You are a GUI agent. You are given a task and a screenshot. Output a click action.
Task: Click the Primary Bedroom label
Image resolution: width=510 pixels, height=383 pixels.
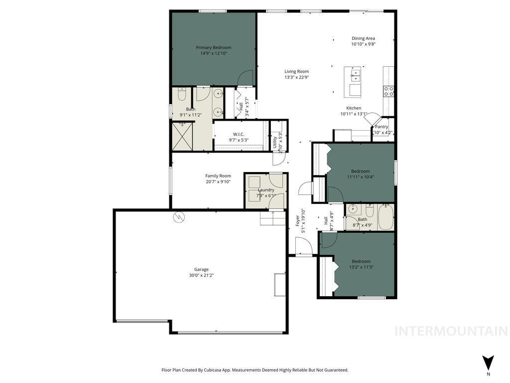213,47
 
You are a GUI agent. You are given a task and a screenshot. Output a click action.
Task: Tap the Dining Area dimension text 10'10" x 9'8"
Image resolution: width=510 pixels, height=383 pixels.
363,44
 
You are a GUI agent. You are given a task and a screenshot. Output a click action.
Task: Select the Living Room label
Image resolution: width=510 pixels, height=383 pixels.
296,71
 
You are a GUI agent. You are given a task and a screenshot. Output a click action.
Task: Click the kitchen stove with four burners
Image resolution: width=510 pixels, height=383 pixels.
388,91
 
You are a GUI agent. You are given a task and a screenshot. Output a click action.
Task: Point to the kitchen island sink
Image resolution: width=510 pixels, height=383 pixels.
356,75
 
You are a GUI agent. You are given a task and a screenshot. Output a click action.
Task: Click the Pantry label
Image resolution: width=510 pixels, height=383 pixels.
382,127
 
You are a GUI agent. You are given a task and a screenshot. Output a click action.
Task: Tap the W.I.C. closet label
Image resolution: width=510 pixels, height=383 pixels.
239,134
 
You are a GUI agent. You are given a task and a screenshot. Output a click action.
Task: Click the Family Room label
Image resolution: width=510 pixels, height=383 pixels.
218,176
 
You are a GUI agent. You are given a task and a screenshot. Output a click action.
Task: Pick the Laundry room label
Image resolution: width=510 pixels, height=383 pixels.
266,190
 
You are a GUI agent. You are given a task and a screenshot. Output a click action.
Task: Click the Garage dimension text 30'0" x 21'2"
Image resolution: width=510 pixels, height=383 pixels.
201,275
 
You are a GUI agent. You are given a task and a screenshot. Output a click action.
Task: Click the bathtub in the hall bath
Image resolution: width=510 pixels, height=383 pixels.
385,217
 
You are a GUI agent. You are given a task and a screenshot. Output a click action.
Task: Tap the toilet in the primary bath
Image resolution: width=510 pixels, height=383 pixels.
182,94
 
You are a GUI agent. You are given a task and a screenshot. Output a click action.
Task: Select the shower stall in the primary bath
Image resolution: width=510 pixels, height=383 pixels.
182,136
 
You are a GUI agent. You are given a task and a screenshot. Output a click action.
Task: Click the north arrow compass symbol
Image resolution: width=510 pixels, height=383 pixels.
488,363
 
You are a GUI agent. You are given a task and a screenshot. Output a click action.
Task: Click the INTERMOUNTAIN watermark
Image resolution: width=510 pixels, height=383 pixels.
451,331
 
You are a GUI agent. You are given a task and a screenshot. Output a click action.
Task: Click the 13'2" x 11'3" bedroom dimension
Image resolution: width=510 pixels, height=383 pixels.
362,267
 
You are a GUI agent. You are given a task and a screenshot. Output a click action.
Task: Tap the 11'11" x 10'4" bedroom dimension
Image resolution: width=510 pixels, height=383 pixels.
360,177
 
